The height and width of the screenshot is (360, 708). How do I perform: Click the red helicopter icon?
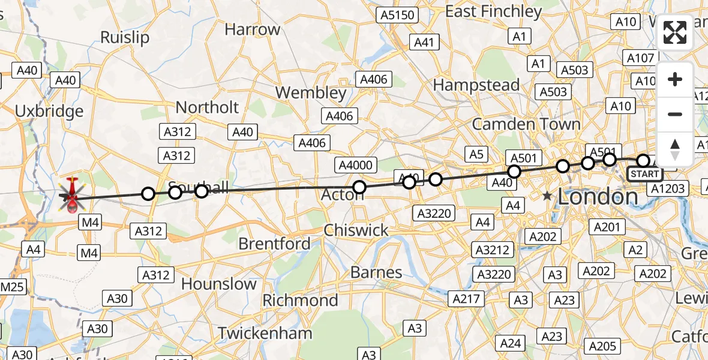click(x=72, y=196)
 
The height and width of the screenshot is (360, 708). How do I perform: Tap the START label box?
click(x=644, y=175)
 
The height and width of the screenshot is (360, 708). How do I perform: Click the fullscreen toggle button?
click(x=675, y=32)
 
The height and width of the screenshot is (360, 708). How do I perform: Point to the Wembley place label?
click(x=311, y=93)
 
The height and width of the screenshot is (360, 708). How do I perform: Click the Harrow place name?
click(x=252, y=29)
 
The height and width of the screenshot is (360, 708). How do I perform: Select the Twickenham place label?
click(x=265, y=333)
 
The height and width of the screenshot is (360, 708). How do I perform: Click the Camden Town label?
click(x=526, y=124)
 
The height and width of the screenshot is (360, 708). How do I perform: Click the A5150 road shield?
click(x=397, y=15)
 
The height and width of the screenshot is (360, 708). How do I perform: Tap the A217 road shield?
click(x=466, y=298)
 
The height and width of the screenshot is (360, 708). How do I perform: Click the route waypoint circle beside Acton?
click(x=359, y=187)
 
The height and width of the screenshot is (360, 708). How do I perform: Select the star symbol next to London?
click(x=547, y=196)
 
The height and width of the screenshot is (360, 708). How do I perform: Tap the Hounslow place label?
click(x=219, y=283)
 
